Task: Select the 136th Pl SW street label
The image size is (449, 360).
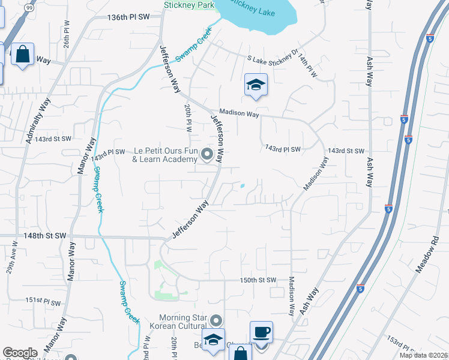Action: point(128,17)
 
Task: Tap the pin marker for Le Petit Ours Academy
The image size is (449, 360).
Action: point(207,155)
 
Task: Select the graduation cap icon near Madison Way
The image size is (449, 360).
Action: point(255,86)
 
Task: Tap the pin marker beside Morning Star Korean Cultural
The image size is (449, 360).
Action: point(217,320)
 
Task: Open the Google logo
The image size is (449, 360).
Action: point(20,353)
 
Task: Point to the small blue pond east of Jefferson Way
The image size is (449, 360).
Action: point(242,186)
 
